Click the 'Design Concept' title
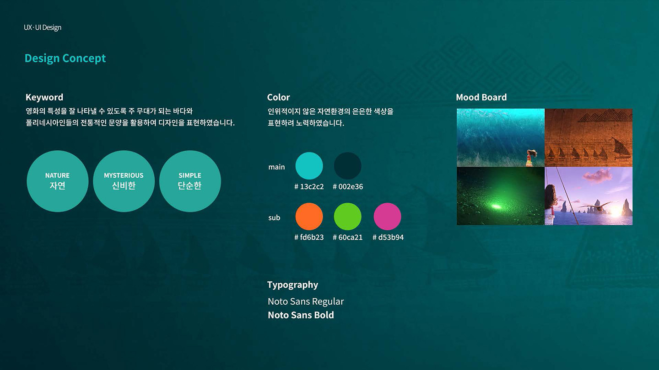(x=65, y=58)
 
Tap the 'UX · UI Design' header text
(x=43, y=27)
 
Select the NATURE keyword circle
(x=57, y=181)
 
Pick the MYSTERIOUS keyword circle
(x=124, y=181)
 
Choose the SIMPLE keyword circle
(x=190, y=181)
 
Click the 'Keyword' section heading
(x=44, y=97)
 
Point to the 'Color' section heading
(x=278, y=97)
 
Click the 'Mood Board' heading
(x=481, y=97)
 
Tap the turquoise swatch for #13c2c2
(x=309, y=166)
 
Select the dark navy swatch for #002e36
(x=347, y=166)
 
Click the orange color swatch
(x=309, y=217)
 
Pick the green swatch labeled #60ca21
(x=347, y=217)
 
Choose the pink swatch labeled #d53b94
(x=387, y=217)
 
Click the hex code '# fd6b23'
(x=309, y=238)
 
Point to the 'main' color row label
(x=276, y=167)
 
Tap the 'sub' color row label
(x=274, y=218)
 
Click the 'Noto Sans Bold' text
(x=301, y=315)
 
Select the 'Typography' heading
(x=292, y=285)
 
